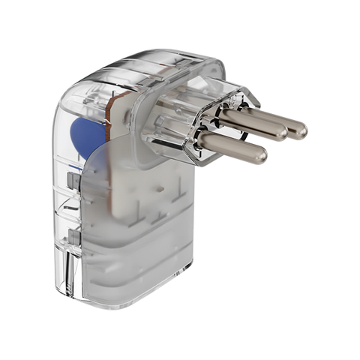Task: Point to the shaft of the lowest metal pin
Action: pos(232,146)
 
